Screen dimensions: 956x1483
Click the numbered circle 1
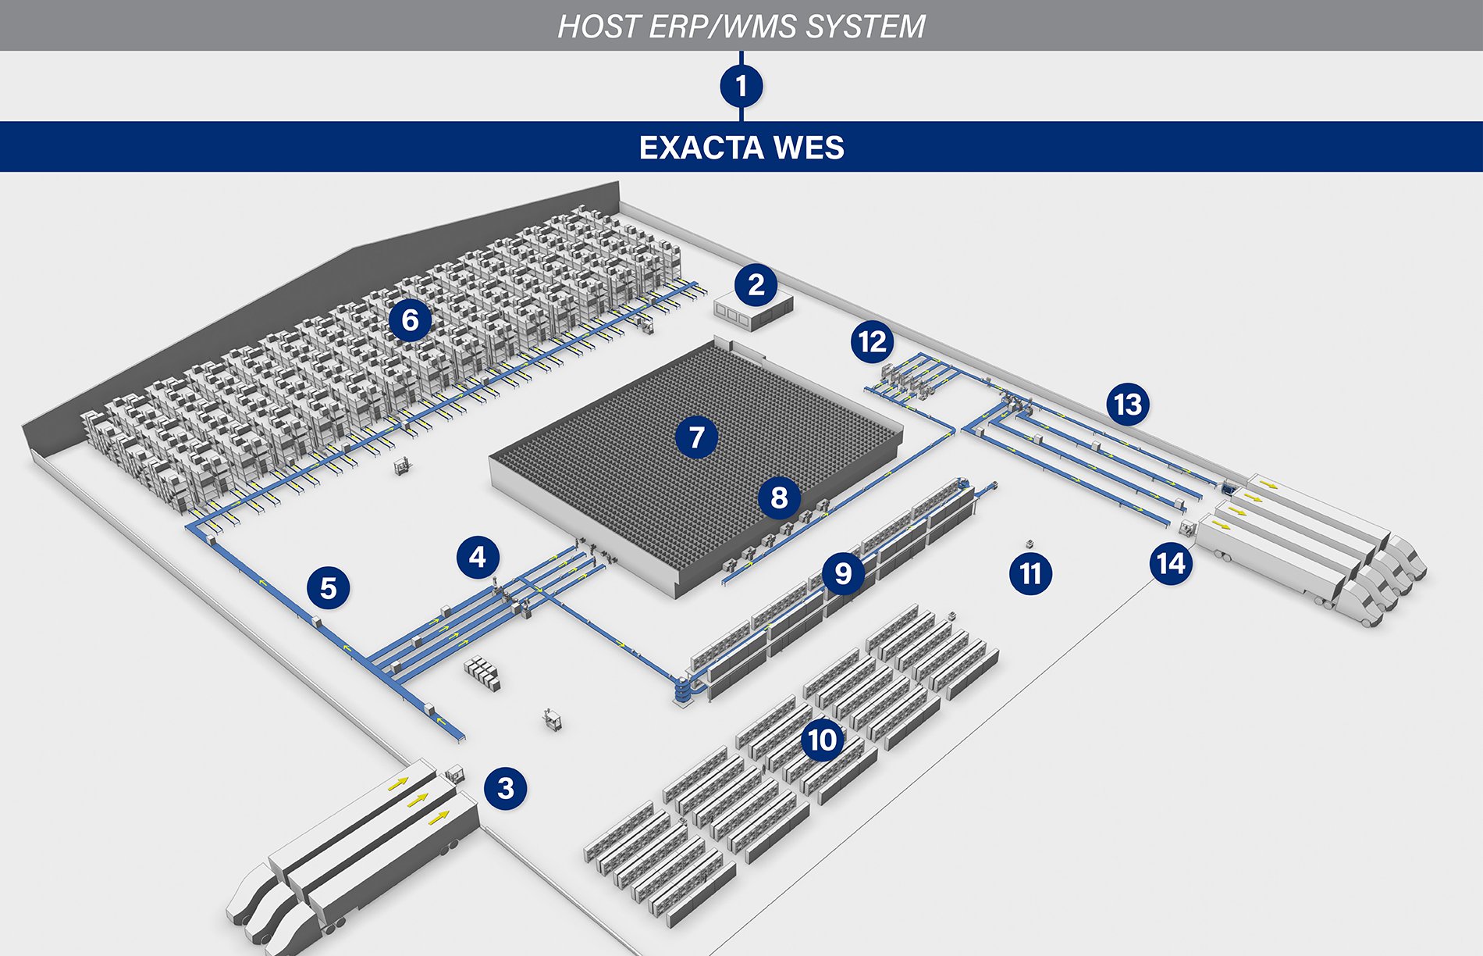coord(741,85)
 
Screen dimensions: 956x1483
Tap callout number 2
coord(756,285)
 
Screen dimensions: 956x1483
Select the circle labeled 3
coord(505,787)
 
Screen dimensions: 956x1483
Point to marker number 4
coord(478,557)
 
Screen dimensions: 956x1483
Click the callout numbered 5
coord(328,587)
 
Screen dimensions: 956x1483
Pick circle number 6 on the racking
coord(410,319)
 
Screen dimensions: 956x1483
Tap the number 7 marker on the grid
coord(696,437)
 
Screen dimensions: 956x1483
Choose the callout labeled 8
coord(779,498)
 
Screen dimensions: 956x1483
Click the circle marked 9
coord(843,573)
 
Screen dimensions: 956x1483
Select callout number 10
coord(822,739)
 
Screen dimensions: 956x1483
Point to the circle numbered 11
coord(1030,573)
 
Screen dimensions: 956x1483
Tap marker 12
coord(872,341)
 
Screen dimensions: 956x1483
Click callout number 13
coord(1127,405)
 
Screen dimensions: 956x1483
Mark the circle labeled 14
coord(1171,563)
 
